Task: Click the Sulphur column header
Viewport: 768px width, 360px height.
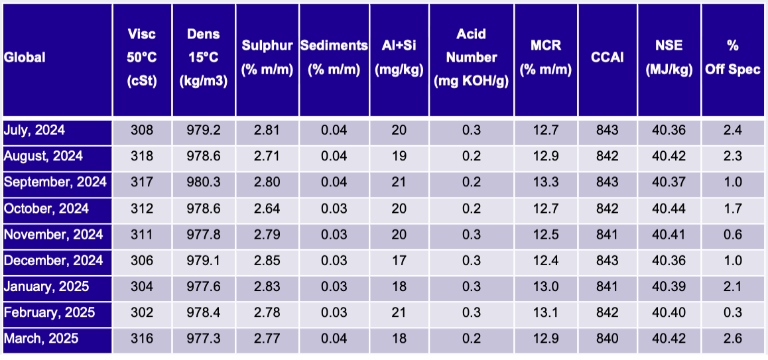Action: click(x=267, y=58)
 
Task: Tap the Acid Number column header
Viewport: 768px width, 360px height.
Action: click(x=472, y=58)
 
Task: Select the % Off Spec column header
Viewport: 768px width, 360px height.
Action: click(x=733, y=58)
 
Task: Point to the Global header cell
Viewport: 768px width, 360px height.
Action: click(x=25, y=58)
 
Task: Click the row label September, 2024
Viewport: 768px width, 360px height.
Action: click(x=55, y=183)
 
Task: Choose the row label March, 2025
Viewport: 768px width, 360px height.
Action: click(x=41, y=339)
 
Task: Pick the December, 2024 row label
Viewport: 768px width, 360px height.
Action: click(x=53, y=261)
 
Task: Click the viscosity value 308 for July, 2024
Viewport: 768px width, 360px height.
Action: click(x=143, y=131)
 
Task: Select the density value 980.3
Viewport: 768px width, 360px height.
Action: click(x=204, y=183)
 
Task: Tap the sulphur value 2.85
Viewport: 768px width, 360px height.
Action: click(x=267, y=261)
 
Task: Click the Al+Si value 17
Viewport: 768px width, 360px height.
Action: click(x=399, y=261)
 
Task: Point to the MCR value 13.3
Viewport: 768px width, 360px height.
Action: click(x=546, y=183)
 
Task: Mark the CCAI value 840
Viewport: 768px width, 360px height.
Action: click(x=608, y=339)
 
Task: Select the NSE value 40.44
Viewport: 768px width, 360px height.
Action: click(x=669, y=209)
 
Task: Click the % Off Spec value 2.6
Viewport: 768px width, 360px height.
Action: click(x=733, y=339)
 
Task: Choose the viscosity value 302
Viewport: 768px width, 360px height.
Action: click(x=143, y=313)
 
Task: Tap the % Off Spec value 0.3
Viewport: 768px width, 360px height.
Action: click(x=733, y=313)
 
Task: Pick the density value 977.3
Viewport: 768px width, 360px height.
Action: click(x=204, y=339)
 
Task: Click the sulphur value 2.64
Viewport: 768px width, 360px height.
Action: click(x=267, y=209)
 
